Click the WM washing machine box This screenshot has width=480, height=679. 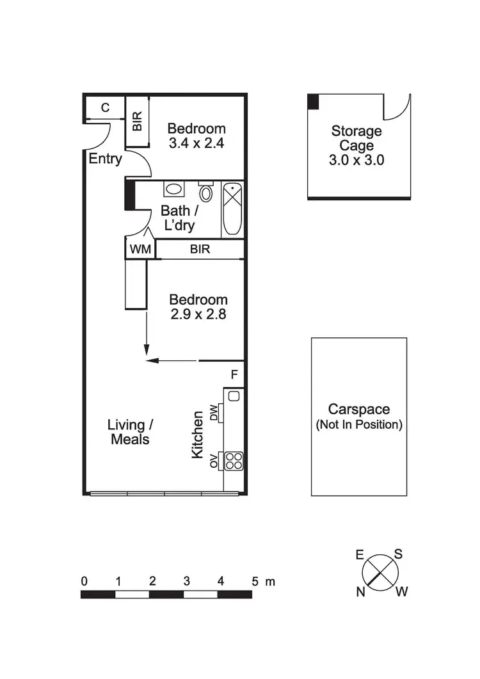[x=140, y=249]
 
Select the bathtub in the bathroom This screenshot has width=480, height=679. [x=232, y=209]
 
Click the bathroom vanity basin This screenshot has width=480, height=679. [x=173, y=189]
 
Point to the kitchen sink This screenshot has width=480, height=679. [x=234, y=396]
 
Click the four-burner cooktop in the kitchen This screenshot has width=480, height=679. [x=234, y=460]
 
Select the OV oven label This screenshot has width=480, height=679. [x=214, y=460]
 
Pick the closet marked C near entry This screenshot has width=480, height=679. [x=105, y=108]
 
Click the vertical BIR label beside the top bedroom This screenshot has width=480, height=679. [x=137, y=122]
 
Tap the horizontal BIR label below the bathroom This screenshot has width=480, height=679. [x=200, y=249]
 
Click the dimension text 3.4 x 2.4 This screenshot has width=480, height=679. [x=196, y=143]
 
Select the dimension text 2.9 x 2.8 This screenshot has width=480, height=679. [x=198, y=314]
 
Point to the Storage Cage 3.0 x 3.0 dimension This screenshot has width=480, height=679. [x=356, y=160]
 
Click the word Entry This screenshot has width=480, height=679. [x=105, y=159]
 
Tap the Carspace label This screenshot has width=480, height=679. [x=358, y=409]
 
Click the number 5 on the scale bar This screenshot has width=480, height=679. [x=255, y=582]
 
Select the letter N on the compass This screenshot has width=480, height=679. [x=361, y=592]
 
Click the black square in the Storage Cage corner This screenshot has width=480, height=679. [x=313, y=101]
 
